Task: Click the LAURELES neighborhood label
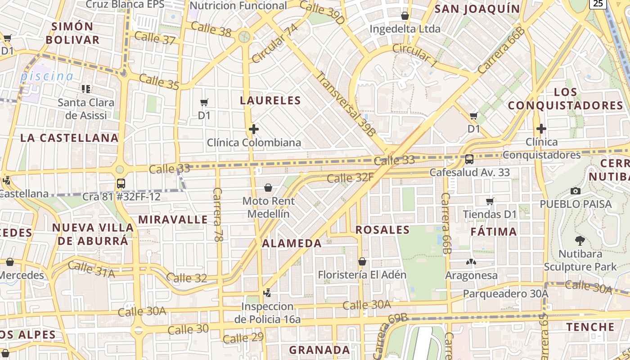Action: [270, 100]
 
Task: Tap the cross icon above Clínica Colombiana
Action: [254, 129]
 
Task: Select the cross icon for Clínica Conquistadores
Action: [541, 129]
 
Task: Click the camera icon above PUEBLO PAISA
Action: [575, 191]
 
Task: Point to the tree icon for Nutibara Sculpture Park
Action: [580, 241]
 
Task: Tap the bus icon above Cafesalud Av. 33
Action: [469, 159]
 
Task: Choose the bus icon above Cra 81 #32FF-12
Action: [121, 184]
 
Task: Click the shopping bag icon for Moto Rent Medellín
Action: [268, 188]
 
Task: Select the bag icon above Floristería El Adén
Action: [362, 261]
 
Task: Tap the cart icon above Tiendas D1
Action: [490, 201]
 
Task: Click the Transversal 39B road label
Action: [345, 103]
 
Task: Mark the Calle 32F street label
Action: [350, 178]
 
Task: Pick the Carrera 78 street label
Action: [218, 215]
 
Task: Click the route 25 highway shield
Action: [597, 4]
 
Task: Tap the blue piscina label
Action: [46, 76]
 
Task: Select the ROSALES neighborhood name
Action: [382, 230]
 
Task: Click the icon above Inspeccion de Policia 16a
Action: [267, 293]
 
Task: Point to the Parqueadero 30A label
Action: [505, 294]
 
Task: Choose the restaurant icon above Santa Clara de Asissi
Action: [85, 89]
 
